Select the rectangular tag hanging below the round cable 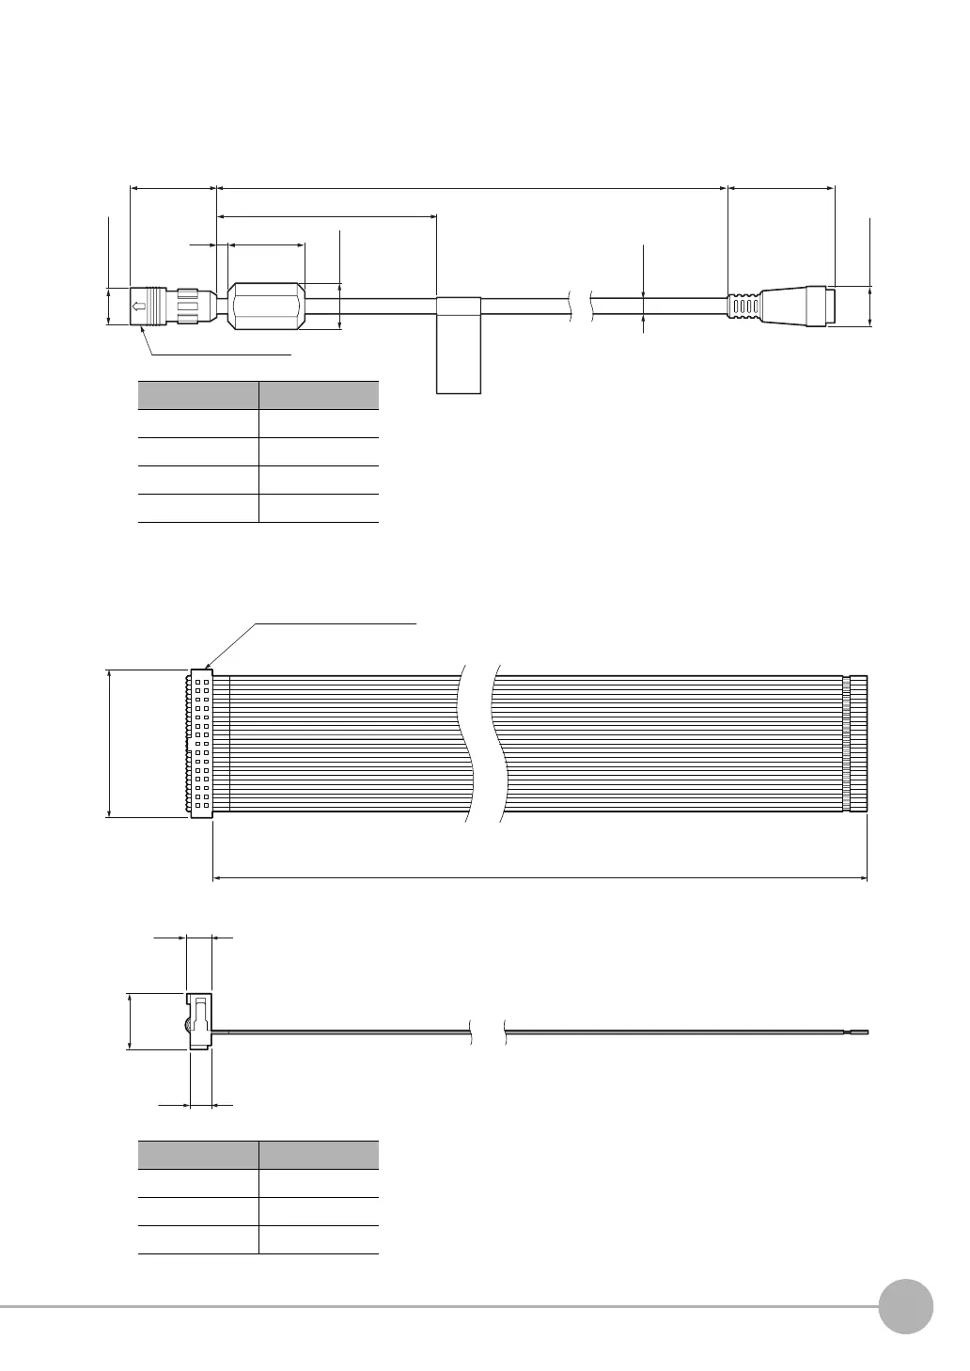coord(459,345)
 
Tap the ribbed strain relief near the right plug coord(744,307)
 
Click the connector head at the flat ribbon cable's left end coord(201,743)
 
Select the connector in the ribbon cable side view coord(199,1021)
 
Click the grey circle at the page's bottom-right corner coord(906,1308)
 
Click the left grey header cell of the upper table coord(198,395)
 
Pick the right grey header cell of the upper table coord(319,395)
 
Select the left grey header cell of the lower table coord(198,1155)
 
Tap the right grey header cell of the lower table coord(319,1155)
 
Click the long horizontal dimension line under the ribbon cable coord(540,878)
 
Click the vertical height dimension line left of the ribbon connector coord(111,743)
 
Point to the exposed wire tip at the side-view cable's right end coord(863,1032)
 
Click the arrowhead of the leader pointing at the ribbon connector coord(207,666)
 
